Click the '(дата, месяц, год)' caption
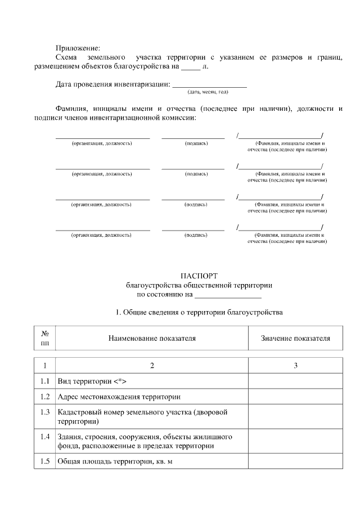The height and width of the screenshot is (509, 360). click(208, 91)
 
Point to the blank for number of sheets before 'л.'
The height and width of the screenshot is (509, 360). click(191, 66)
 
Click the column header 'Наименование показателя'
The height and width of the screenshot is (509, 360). click(152, 338)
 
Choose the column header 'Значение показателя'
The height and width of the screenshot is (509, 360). click(295, 338)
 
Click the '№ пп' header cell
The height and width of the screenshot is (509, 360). click(46, 338)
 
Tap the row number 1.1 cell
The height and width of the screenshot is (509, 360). click(46, 381)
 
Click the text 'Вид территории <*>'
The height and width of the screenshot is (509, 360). click(88, 381)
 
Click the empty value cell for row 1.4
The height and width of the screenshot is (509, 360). click(295, 441)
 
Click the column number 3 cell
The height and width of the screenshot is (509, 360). click(295, 366)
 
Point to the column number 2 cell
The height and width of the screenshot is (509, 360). click(152, 366)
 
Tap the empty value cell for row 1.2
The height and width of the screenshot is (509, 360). click(295, 397)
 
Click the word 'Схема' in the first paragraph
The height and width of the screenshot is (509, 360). click(68, 57)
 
